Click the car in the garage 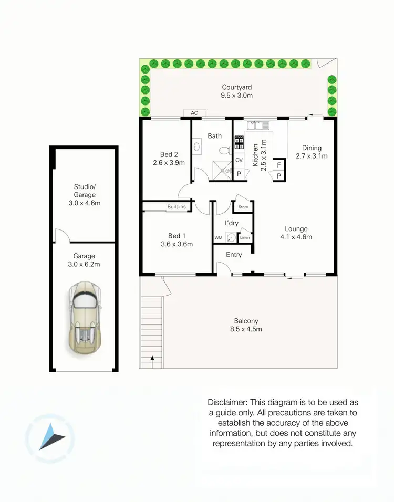coord(84,318)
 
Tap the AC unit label coord(194,113)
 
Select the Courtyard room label coord(237,87)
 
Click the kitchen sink coord(258,125)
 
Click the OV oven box coord(239,160)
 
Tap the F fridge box coord(278,164)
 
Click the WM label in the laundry coord(218,238)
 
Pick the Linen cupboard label coord(245,238)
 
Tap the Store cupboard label coord(243,207)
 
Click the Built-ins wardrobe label coord(177,207)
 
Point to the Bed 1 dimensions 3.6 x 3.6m coord(177,244)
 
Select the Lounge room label coord(296,228)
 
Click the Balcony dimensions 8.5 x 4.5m coord(246,329)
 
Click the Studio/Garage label coord(85,190)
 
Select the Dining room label coord(312,148)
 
